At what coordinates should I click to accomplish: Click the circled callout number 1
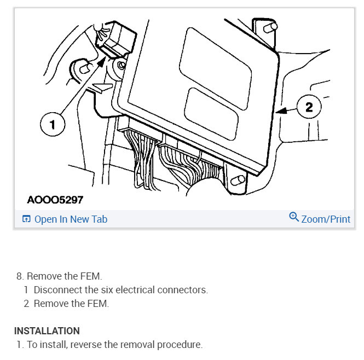(x=53, y=125)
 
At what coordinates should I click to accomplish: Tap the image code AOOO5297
(x=55, y=200)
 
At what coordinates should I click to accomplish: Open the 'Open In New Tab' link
(x=71, y=219)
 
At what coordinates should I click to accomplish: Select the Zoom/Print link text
(x=326, y=219)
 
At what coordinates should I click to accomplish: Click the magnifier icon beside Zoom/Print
(x=294, y=218)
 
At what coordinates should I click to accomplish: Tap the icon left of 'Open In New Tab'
(x=26, y=219)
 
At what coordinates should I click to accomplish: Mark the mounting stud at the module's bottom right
(x=238, y=181)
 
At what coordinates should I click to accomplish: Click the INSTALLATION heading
(x=47, y=331)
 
